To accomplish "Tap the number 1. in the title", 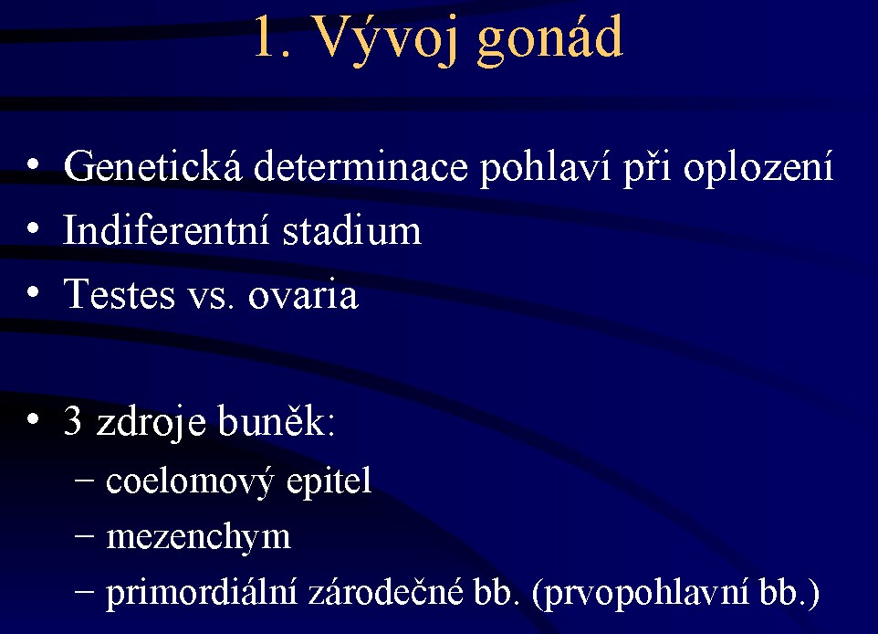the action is tap(273, 37).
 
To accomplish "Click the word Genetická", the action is tap(152, 166).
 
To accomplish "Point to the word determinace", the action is tap(361, 166).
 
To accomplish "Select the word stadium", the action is tap(351, 230).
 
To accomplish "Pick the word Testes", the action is tap(120, 294).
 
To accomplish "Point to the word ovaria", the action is tap(303, 295).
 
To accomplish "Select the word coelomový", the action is tap(190, 481).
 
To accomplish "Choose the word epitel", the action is tap(329, 481).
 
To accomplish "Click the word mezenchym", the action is tap(198, 538).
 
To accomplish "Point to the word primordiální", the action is tap(202, 593).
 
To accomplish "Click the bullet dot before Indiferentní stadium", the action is tap(33, 228).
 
